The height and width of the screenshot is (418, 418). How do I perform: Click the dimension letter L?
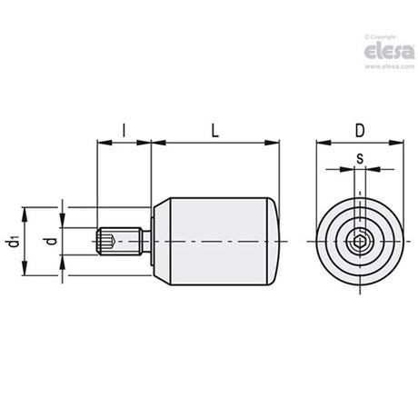tap(214, 131)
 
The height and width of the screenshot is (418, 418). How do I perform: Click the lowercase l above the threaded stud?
tap(124, 131)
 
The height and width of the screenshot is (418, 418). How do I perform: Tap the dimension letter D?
tap(360, 131)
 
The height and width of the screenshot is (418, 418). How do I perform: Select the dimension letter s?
tap(360, 159)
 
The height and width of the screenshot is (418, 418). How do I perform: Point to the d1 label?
tap(13, 241)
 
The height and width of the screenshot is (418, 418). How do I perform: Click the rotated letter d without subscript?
tap(52, 241)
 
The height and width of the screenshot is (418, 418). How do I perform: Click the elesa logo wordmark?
tap(389, 52)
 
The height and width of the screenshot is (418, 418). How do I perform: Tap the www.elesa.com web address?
tap(390, 66)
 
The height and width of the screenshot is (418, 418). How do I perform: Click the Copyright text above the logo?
tap(380, 37)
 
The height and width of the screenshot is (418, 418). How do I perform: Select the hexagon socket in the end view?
tap(360, 242)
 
